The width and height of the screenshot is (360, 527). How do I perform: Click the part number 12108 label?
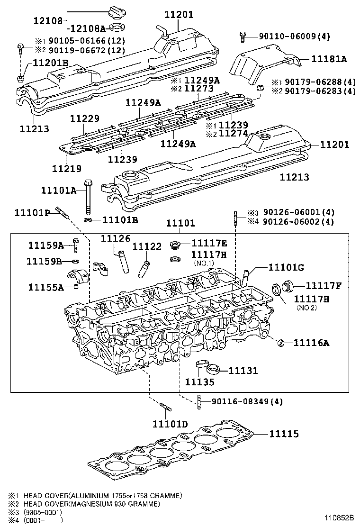[48, 20]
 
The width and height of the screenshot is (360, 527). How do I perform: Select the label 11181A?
[329, 59]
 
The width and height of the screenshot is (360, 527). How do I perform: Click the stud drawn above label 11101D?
[165, 407]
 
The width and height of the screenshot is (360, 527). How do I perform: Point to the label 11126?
[115, 238]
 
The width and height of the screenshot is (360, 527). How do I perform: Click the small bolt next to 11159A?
[76, 244]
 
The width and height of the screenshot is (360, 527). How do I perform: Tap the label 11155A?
[45, 287]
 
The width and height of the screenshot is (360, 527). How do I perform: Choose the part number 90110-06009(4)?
[294, 36]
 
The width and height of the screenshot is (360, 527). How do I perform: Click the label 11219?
[66, 168]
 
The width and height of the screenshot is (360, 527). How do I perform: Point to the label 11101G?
[286, 268]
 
